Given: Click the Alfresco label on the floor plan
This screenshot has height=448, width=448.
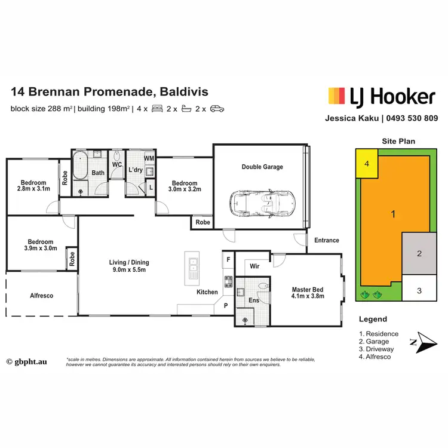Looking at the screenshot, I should click(x=42, y=295).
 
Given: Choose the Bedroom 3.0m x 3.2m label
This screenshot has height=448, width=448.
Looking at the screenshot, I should click(x=185, y=186).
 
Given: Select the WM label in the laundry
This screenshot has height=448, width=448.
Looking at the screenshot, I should click(x=149, y=158).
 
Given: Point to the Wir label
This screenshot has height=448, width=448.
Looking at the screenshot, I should click(x=253, y=266).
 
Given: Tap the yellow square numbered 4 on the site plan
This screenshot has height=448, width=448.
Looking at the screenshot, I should click(x=367, y=163).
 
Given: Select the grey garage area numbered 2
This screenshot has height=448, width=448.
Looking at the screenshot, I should click(x=419, y=253).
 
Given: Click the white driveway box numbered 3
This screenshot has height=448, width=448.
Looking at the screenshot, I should click(x=419, y=290).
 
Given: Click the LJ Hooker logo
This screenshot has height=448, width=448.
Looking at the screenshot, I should click(x=381, y=96).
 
